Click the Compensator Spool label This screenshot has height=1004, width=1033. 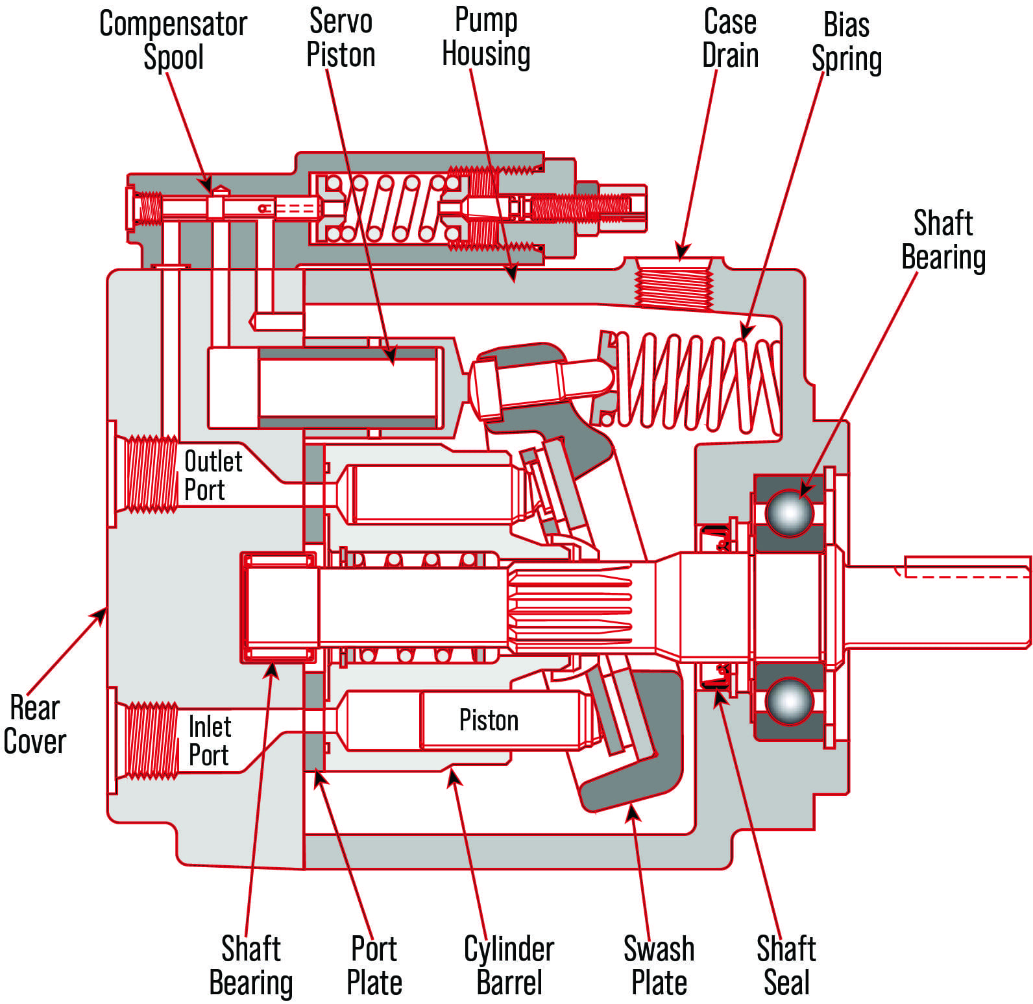173,40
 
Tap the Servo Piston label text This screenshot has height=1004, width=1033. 341,38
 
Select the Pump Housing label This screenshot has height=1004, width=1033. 486,37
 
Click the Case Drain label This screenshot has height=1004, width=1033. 730,39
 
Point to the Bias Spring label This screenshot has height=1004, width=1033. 847,42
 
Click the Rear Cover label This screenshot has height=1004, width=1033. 35,724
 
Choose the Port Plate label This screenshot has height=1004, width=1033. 374,966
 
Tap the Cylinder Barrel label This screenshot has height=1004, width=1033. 509,966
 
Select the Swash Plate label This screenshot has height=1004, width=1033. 659,966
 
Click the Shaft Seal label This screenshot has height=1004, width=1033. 786,966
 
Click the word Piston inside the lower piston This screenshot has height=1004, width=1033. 489,720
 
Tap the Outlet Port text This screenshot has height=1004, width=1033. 213,475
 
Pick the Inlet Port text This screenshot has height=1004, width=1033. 210,741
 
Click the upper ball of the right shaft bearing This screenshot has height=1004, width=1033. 789,512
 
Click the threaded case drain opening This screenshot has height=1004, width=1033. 674,283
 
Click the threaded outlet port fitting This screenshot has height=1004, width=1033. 151,474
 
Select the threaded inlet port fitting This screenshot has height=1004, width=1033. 151,740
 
